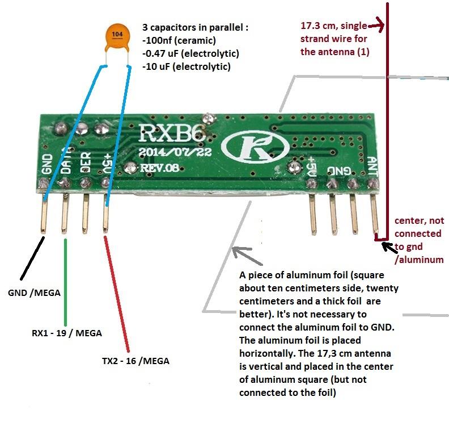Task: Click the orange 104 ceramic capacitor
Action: click(x=117, y=39)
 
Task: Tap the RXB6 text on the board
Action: click(x=172, y=133)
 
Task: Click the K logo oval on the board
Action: click(x=256, y=147)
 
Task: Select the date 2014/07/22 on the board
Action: click(x=175, y=152)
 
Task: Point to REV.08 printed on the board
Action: click(x=159, y=168)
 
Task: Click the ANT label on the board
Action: click(x=372, y=166)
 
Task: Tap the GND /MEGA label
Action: click(x=35, y=293)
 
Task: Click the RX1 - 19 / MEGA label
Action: click(x=67, y=333)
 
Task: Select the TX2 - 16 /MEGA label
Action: click(x=135, y=361)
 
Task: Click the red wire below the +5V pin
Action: click(x=117, y=294)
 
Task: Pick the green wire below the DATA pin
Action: click(x=66, y=282)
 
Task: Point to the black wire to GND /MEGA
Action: click(x=32, y=258)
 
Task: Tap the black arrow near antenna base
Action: click(x=389, y=248)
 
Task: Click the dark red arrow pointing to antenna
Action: click(x=376, y=26)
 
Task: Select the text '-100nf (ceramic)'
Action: click(x=179, y=40)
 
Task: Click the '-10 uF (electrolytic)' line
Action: click(x=187, y=66)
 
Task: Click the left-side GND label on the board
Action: click(x=47, y=164)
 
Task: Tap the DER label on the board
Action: click(x=86, y=162)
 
